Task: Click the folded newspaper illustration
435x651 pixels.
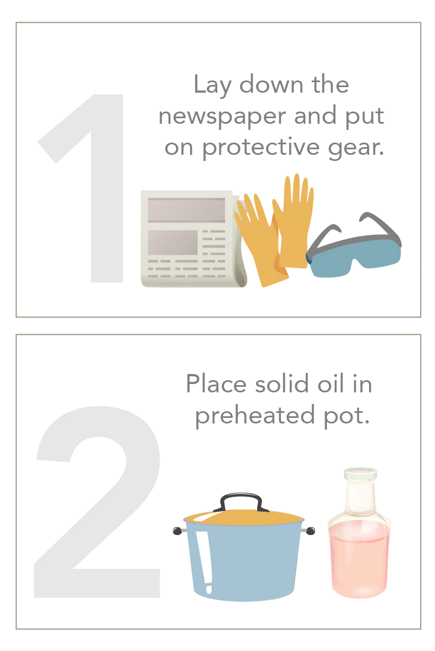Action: [x=188, y=239]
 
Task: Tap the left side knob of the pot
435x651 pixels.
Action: [x=177, y=531]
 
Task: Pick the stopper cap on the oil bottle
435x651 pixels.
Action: [x=360, y=477]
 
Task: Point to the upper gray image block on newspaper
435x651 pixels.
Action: [x=185, y=210]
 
